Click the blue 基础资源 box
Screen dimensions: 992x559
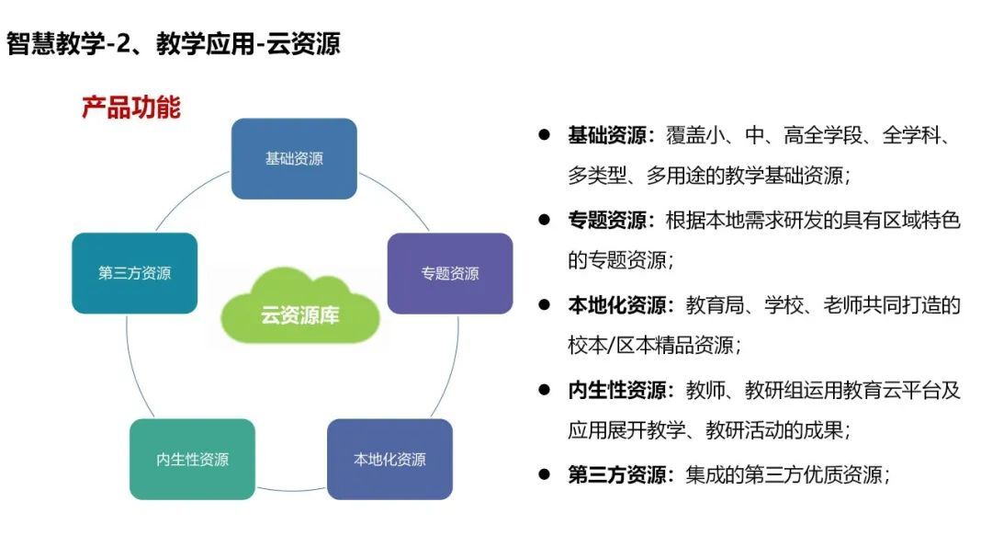294,159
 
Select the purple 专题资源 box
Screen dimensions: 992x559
450,273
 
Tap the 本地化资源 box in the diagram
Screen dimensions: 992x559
389,459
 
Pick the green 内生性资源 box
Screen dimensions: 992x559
192,459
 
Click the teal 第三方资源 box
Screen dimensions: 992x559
135,273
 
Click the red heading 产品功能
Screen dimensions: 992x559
131,107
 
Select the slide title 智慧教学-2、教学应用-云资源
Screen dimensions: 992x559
174,44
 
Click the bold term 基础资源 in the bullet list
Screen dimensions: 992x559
607,135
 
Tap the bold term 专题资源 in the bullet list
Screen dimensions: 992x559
607,220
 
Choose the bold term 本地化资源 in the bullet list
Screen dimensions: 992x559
617,305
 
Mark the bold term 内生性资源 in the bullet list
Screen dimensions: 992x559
617,390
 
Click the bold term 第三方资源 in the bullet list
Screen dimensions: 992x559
617,474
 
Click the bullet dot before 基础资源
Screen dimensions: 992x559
544,134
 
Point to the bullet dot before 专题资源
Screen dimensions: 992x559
544,220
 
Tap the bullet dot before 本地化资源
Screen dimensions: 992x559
544,304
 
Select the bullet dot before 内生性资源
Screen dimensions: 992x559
544,389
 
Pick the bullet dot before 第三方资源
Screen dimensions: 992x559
544,473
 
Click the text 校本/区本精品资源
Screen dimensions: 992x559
651,345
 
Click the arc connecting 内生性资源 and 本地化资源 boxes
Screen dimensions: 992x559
291,491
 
